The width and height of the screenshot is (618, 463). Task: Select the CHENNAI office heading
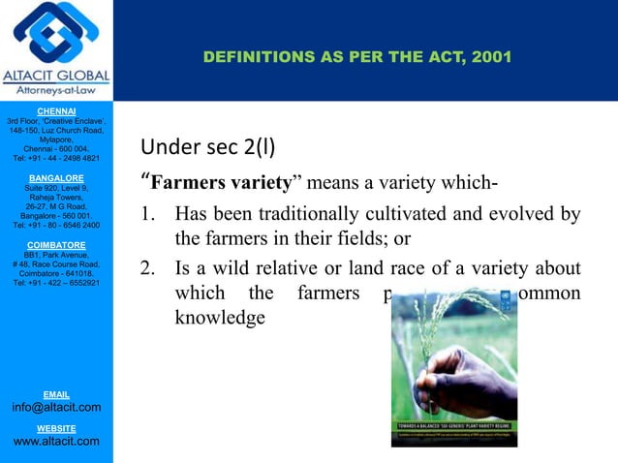click(x=55, y=111)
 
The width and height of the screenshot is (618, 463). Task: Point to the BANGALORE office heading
click(x=55, y=178)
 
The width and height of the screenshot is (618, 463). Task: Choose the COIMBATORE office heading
click(x=55, y=245)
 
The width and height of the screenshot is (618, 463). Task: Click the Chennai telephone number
click(x=55, y=158)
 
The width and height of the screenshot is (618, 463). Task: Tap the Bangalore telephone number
click(x=55, y=225)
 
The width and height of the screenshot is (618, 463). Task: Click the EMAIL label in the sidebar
click(x=55, y=394)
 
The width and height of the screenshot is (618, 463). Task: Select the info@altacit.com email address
click(x=55, y=408)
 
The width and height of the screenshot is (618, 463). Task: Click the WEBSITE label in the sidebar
click(x=55, y=427)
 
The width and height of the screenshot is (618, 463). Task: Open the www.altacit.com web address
click(x=55, y=442)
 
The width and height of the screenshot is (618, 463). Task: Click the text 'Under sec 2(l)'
click(x=207, y=148)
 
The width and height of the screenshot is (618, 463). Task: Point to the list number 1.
click(x=148, y=215)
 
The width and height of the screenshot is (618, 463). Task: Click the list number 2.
click(x=148, y=268)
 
